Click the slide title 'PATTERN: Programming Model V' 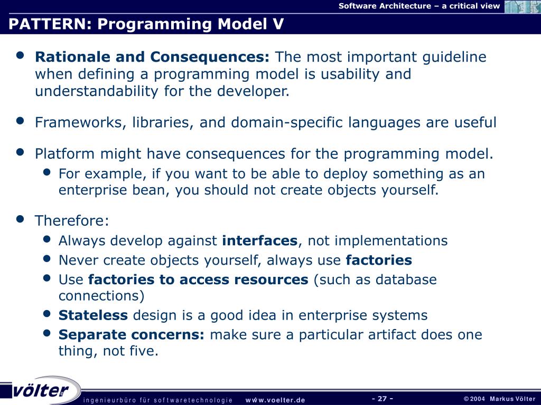click(146, 24)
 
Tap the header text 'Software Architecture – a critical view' click(419, 6)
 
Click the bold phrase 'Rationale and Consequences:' click(152, 57)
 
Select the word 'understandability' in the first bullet click(97, 91)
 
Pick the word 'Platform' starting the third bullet click(64, 153)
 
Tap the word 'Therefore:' click(72, 221)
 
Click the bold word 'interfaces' click(260, 240)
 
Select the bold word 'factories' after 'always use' click(379, 260)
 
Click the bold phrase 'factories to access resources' click(198, 279)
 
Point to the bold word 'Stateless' click(93, 315)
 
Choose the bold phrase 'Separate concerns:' click(132, 335)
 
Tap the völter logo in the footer click(40, 390)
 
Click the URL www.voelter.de click(275, 400)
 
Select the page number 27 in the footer click(383, 399)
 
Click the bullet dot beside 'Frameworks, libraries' click(21, 121)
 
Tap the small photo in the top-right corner click(523, 6)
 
